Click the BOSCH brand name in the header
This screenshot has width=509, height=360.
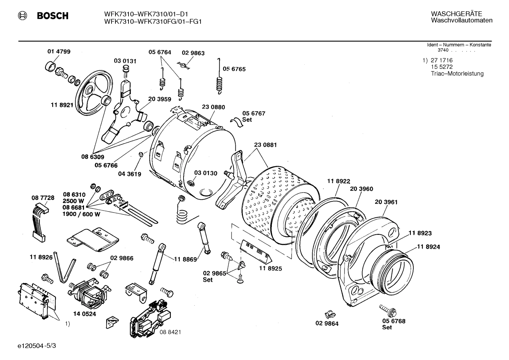(x=53, y=16)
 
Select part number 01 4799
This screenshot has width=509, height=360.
(x=59, y=52)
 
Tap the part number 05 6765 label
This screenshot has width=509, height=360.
(x=234, y=69)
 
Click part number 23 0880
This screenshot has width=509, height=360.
(x=213, y=107)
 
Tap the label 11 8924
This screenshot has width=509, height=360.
(x=428, y=247)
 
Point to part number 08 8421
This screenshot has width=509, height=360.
(x=170, y=332)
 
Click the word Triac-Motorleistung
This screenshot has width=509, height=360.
(x=457, y=73)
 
